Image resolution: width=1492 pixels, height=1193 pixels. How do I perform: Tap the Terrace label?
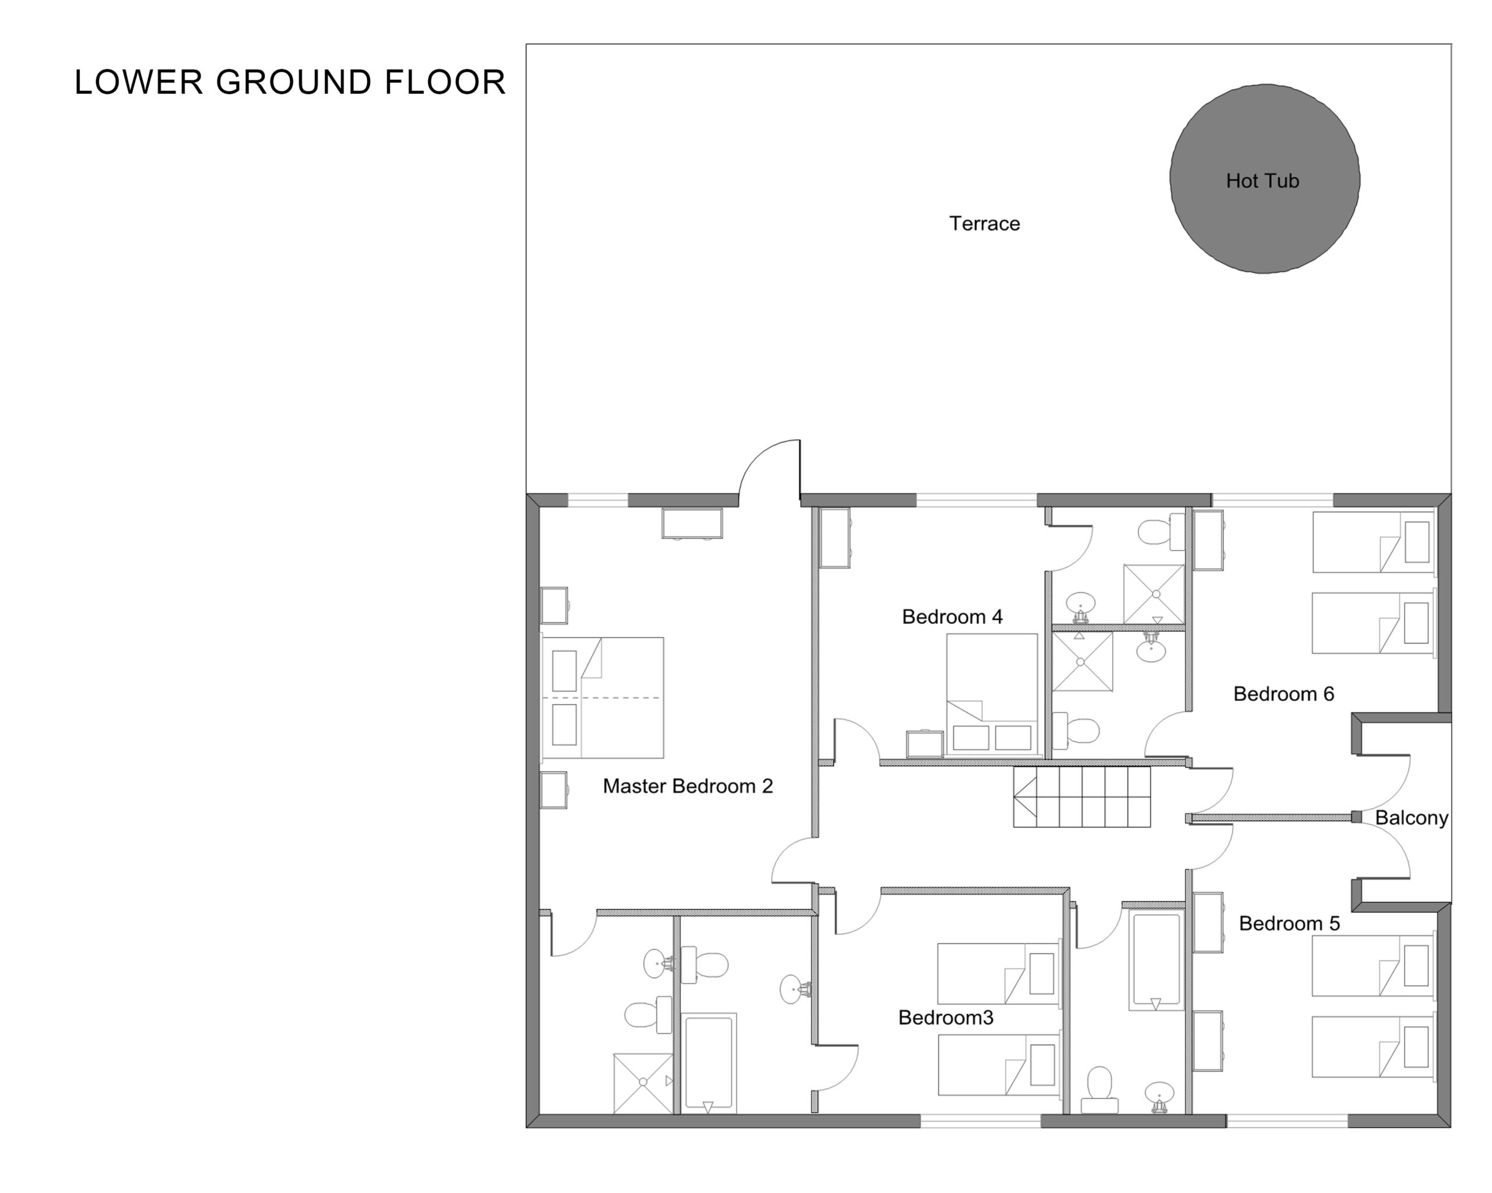(x=984, y=223)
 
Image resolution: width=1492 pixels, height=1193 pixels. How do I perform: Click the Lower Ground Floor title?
(x=290, y=82)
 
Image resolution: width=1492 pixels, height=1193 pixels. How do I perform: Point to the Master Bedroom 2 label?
(x=687, y=786)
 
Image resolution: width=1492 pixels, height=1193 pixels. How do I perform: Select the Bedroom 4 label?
(x=952, y=616)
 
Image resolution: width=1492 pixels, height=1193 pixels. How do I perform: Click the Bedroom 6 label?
(x=1284, y=694)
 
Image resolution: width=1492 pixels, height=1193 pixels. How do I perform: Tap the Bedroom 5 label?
(x=1289, y=923)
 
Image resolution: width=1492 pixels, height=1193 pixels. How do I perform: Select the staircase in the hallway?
(x=1082, y=797)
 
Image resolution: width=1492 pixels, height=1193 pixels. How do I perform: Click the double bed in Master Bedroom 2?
(x=603, y=698)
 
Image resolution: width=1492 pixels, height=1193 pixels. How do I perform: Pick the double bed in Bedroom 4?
(x=992, y=694)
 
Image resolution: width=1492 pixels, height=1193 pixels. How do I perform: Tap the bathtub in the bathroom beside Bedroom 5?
(x=1155, y=961)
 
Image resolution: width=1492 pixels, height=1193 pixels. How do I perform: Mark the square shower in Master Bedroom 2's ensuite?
(x=643, y=1083)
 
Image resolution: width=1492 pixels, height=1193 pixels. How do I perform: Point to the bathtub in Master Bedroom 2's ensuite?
(x=709, y=1064)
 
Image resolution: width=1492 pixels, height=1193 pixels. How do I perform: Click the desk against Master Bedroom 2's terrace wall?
(x=692, y=524)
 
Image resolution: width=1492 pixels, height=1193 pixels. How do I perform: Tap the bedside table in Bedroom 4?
(x=924, y=743)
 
